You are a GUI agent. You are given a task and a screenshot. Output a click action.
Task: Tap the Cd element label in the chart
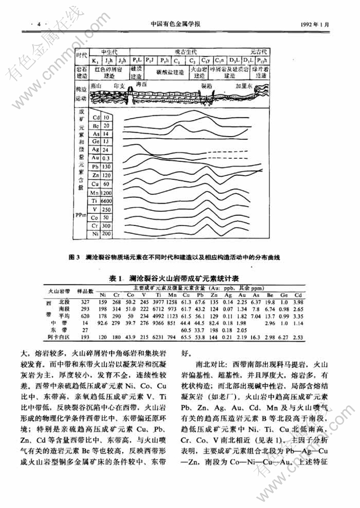pyautogui.click(x=95, y=117)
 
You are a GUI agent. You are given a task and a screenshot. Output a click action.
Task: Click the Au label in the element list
pyautogui.click(x=95, y=158)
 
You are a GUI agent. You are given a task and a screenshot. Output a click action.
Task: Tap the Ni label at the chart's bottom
pyautogui.click(x=95, y=233)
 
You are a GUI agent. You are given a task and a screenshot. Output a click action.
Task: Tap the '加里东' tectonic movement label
pyautogui.click(x=244, y=85)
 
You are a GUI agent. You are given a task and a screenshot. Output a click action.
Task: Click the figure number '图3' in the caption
pyautogui.click(x=74, y=258)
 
